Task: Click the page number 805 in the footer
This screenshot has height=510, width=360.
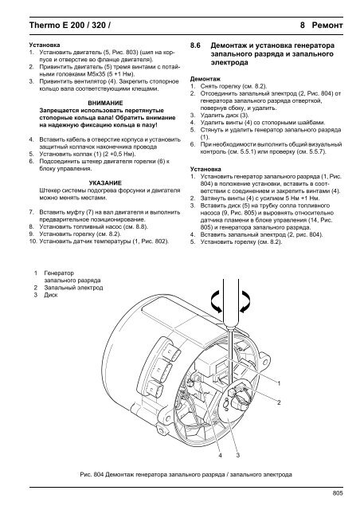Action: tap(338, 493)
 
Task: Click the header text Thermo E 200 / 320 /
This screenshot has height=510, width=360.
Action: tap(69, 25)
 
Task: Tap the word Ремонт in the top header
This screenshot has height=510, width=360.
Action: tap(327, 25)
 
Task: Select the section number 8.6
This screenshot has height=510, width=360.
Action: tap(195, 45)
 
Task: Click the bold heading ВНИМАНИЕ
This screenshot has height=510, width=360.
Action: tap(106, 103)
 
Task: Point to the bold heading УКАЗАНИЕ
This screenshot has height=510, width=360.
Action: tap(105, 182)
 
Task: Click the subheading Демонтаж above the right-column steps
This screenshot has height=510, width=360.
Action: tap(205, 79)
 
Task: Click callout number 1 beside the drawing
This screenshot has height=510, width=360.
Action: tap(279, 383)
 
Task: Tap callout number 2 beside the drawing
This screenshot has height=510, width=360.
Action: tap(279, 402)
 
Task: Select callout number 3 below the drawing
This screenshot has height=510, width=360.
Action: tap(237, 455)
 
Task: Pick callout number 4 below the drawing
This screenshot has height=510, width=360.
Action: tap(220, 455)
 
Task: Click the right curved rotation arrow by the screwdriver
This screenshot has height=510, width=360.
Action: tap(246, 301)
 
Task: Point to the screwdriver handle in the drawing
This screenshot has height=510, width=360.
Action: tap(230, 300)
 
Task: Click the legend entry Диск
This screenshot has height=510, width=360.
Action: tap(51, 295)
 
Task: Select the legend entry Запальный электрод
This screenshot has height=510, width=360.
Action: tap(73, 288)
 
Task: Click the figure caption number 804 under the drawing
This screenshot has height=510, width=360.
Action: tap(99, 475)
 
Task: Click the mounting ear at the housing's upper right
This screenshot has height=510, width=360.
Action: tap(264, 358)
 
